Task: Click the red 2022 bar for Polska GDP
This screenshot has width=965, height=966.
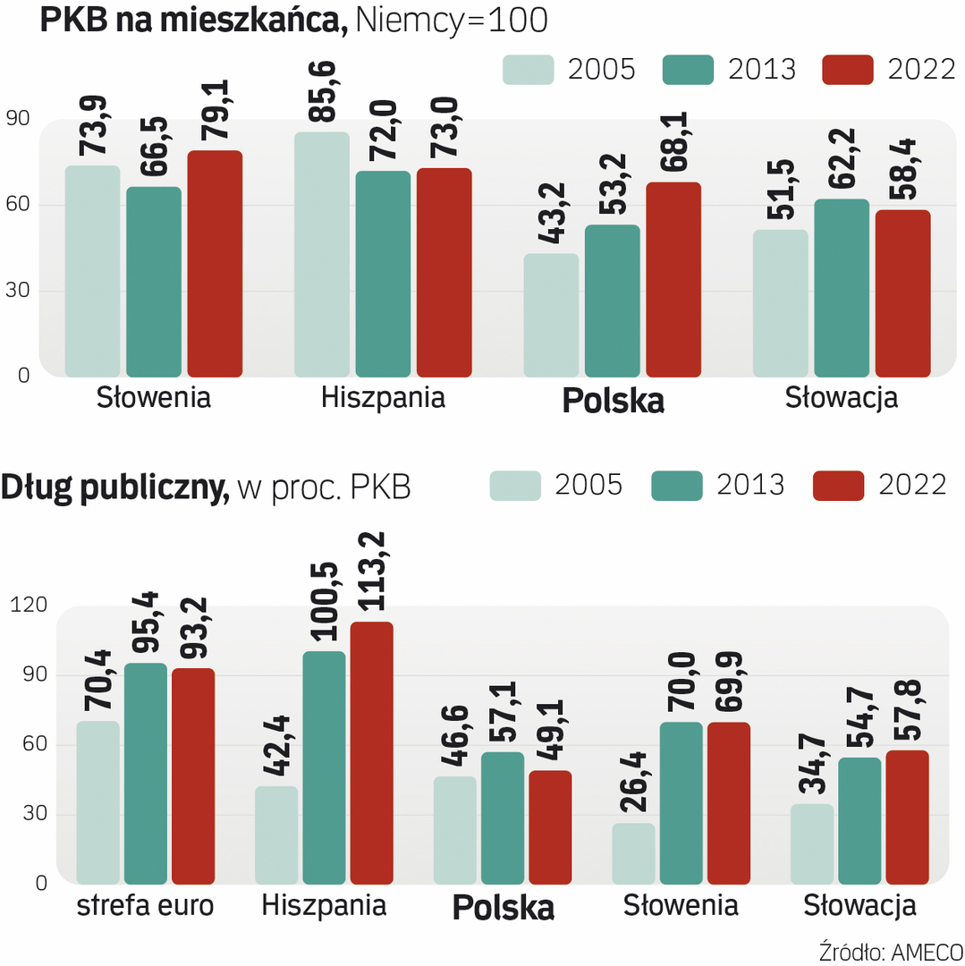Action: pyautogui.click(x=673, y=279)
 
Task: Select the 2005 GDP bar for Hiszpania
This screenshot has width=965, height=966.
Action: pyautogui.click(x=322, y=254)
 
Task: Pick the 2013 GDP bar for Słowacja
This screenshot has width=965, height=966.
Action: pyautogui.click(x=842, y=287)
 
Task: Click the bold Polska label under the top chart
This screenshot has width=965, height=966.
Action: pyautogui.click(x=613, y=401)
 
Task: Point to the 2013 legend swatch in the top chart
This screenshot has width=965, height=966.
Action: pyautogui.click(x=688, y=70)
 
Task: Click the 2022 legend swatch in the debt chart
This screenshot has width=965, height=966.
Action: pyautogui.click(x=838, y=485)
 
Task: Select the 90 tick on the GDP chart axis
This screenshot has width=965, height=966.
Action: pyautogui.click(x=18, y=119)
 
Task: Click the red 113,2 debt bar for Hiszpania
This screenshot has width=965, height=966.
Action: pyautogui.click(x=372, y=752)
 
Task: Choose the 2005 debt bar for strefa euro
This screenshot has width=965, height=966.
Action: pyautogui.click(x=97, y=802)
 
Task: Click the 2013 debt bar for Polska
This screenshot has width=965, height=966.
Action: pyautogui.click(x=503, y=818)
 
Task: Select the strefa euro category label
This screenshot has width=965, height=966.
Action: pyautogui.click(x=146, y=906)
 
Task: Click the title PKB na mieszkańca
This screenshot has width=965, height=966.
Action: pyautogui.click(x=193, y=21)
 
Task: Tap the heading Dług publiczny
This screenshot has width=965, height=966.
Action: pyautogui.click(x=115, y=487)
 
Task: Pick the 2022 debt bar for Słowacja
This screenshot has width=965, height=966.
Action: pyautogui.click(x=908, y=817)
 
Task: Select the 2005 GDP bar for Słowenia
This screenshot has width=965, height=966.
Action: pyautogui.click(x=92, y=270)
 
